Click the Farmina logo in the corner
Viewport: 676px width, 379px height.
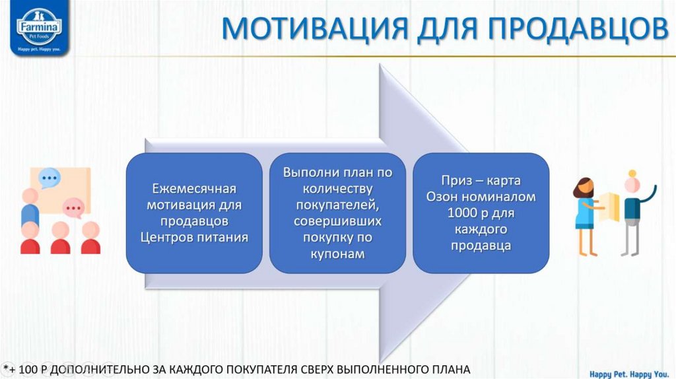tap(39, 30)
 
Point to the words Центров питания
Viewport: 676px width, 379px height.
tap(194, 237)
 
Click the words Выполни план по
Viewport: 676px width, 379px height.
tap(337, 172)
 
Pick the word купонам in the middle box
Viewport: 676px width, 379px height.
tap(337, 254)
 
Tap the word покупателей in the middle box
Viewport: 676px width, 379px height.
tap(337, 205)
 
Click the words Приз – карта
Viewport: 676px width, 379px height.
tap(481, 180)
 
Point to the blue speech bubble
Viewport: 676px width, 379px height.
tap(49, 178)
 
